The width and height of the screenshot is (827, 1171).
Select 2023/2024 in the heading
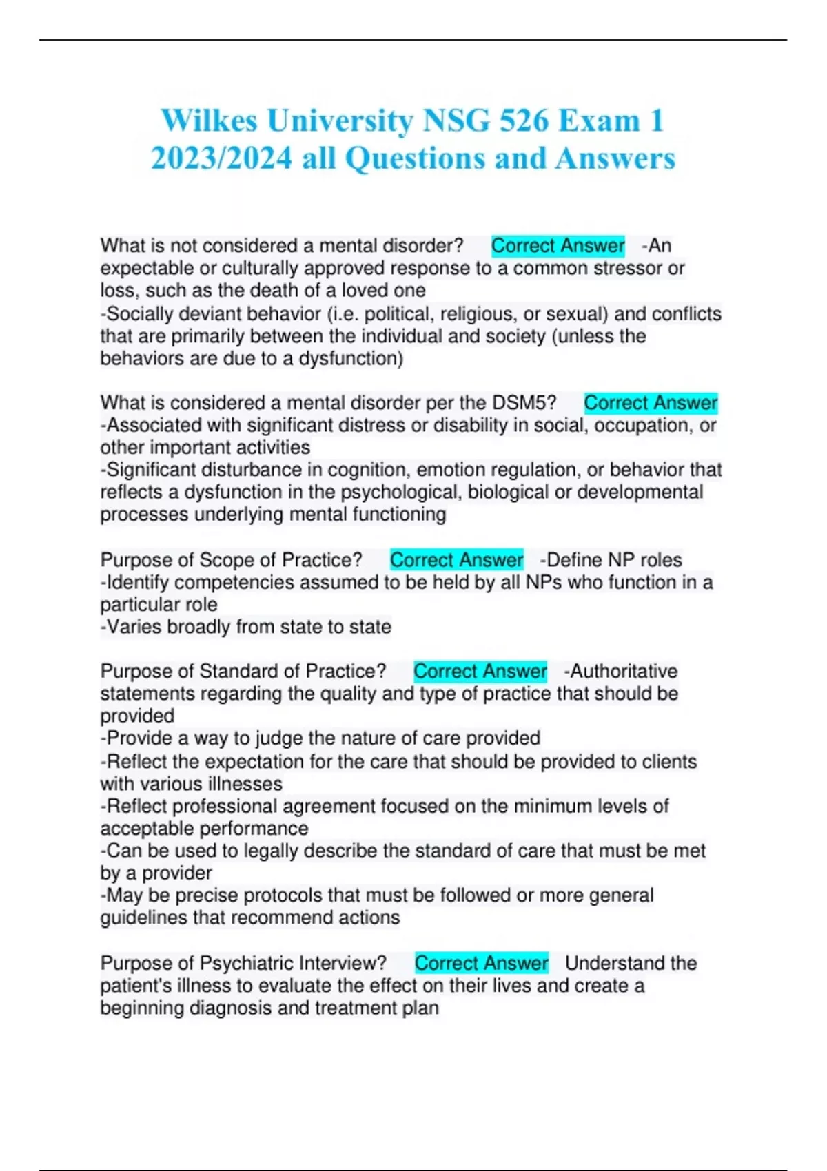221,158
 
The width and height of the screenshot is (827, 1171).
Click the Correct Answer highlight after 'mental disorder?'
558,246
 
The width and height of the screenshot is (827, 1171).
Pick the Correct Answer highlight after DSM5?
651,403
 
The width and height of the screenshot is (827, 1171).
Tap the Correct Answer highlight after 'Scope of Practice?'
456,560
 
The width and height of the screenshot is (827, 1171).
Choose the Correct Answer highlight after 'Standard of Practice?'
480,672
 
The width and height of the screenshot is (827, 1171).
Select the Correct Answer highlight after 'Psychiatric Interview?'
481,963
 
